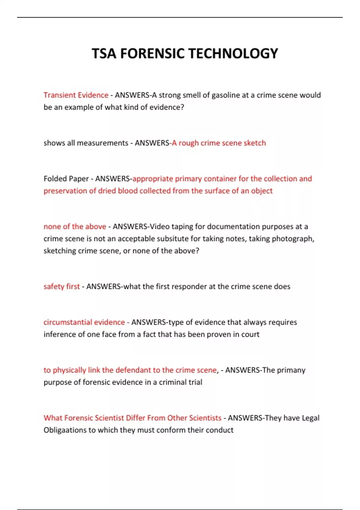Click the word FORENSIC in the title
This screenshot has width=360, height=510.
tap(152, 54)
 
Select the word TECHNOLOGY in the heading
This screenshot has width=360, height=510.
tap(233, 54)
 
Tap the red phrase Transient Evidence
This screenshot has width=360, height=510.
tap(76, 95)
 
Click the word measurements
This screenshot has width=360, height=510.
tap(103, 143)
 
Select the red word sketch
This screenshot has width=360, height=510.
tap(255, 143)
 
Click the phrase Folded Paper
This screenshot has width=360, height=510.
tap(66, 179)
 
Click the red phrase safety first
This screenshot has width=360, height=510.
tap(62, 286)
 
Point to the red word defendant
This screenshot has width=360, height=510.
tap(137, 370)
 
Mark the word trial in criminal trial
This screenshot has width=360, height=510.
tap(195, 382)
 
